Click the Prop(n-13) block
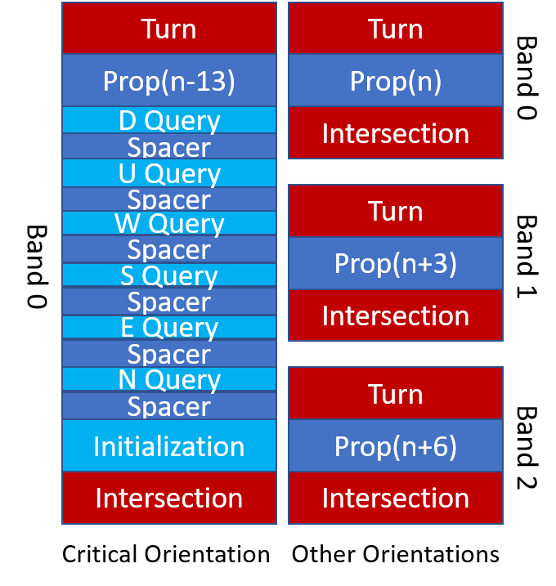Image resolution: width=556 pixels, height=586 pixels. (x=169, y=80)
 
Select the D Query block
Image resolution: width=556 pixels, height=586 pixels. (x=169, y=120)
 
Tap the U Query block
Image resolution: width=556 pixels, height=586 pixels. (x=169, y=173)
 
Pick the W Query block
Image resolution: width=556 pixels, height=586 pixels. (x=169, y=223)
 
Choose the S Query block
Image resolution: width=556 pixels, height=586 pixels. (x=169, y=275)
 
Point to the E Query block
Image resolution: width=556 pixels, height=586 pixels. (x=169, y=327)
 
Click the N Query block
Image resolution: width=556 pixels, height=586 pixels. (x=169, y=379)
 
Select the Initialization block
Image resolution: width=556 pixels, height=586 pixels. (x=169, y=445)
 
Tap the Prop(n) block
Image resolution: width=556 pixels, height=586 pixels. (x=396, y=80)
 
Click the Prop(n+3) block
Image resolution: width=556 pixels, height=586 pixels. (x=396, y=263)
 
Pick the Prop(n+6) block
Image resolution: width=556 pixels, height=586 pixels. (x=396, y=445)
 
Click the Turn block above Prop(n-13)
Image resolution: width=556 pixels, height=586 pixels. (x=169, y=29)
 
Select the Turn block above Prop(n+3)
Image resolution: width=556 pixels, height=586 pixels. (x=396, y=211)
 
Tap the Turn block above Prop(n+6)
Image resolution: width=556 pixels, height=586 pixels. (x=396, y=394)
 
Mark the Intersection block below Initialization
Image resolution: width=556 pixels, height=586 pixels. (x=169, y=498)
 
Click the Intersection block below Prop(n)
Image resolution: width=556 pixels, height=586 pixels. (x=396, y=132)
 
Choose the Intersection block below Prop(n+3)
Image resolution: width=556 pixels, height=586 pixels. (x=396, y=315)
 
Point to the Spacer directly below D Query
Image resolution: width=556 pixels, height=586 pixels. (x=169, y=146)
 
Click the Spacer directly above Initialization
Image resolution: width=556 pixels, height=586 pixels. (x=169, y=405)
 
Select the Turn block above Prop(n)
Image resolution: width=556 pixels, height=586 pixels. (x=396, y=29)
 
